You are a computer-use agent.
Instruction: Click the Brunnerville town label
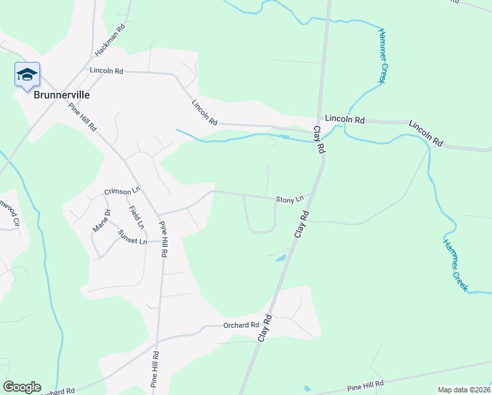(x=61, y=95)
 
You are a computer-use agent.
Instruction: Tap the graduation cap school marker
(x=27, y=74)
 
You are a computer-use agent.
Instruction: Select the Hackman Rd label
(x=110, y=41)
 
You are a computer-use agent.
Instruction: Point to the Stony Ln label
(x=289, y=199)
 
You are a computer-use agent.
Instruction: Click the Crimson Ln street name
(x=123, y=191)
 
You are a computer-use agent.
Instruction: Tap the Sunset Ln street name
(x=132, y=237)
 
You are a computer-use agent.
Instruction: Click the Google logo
(x=22, y=387)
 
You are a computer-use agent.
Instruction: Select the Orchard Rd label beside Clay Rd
(x=241, y=325)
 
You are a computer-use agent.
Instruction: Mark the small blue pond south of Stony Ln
(x=282, y=258)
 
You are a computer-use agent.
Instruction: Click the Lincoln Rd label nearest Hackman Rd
(x=107, y=70)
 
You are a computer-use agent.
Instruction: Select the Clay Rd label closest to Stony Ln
(x=301, y=224)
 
